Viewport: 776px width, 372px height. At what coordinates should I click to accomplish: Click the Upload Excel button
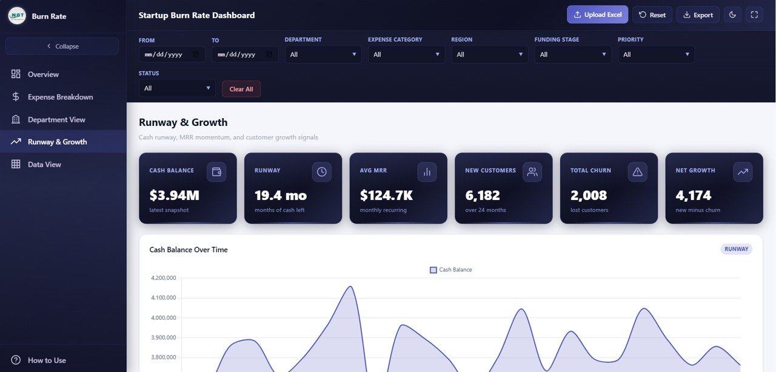pos(597,15)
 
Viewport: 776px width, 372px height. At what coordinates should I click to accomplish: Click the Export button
pos(698,15)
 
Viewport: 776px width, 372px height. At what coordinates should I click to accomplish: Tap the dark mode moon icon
pos(732,15)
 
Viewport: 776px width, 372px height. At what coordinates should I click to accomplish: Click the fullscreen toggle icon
pos(754,15)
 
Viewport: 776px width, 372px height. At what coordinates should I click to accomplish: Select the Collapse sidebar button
pos(62,46)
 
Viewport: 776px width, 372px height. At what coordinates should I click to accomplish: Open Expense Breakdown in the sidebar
pos(60,97)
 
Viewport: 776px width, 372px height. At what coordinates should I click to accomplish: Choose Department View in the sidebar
pos(56,119)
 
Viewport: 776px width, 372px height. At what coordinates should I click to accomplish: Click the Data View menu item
pos(44,164)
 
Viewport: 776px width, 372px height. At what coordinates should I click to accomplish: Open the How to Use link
pos(47,360)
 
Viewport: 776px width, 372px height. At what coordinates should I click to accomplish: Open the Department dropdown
pos(323,55)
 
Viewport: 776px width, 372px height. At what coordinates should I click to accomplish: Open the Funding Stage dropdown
pos(572,55)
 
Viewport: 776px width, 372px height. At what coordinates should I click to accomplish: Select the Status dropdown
pos(176,88)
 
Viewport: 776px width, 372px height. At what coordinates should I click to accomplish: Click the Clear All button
pos(241,89)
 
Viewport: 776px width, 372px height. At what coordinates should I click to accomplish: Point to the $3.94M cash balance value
pos(174,196)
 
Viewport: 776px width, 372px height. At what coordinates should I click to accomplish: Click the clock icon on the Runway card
pos(321,172)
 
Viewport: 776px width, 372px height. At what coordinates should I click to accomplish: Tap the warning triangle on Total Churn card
pos(637,172)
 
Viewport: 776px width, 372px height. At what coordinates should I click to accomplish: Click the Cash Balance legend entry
pos(450,270)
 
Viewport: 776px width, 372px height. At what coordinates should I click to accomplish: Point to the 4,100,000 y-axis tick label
pos(162,297)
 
